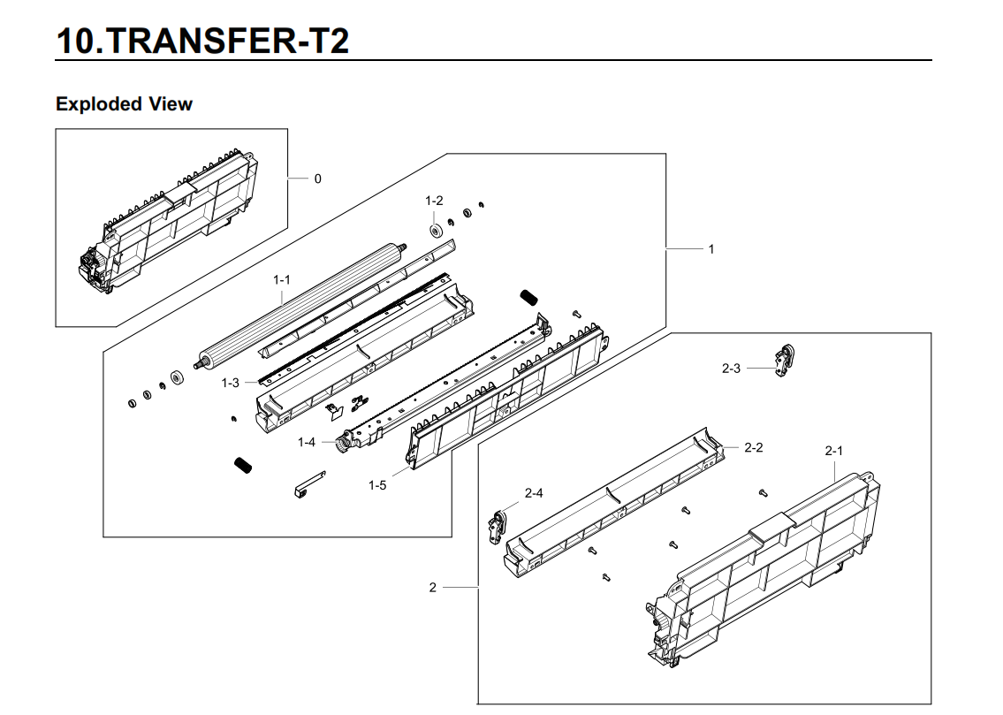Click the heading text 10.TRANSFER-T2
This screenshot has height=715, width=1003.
tap(201, 40)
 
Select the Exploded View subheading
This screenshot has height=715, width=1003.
tap(124, 104)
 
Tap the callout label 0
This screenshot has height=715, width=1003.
tap(318, 179)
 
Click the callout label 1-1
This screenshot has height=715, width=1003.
tap(282, 280)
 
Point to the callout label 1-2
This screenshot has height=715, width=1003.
tap(434, 201)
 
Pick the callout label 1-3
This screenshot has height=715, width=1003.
tap(231, 383)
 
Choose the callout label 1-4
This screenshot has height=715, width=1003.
tap(307, 442)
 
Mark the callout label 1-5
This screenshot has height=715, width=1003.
tap(377, 485)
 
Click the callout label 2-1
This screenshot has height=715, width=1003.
tap(833, 451)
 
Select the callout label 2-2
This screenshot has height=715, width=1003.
tap(753, 447)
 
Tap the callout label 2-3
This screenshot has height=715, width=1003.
tap(731, 369)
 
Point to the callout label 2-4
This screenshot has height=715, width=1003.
tap(534, 493)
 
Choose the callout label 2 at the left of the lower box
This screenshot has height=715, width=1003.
tap(432, 588)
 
